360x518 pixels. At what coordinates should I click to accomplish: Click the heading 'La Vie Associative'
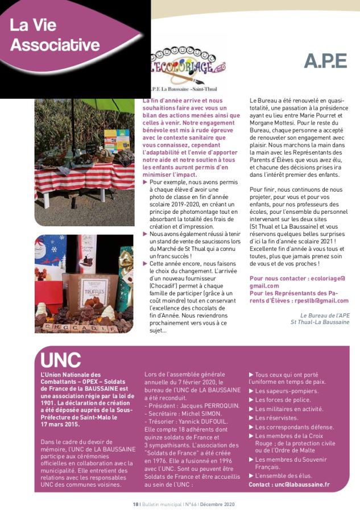click(x=55, y=35)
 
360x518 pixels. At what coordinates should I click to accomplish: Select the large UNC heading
click(x=61, y=359)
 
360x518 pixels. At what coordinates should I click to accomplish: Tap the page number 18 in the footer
click(x=135, y=504)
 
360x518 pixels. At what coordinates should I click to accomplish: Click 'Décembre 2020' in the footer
click(x=216, y=504)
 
